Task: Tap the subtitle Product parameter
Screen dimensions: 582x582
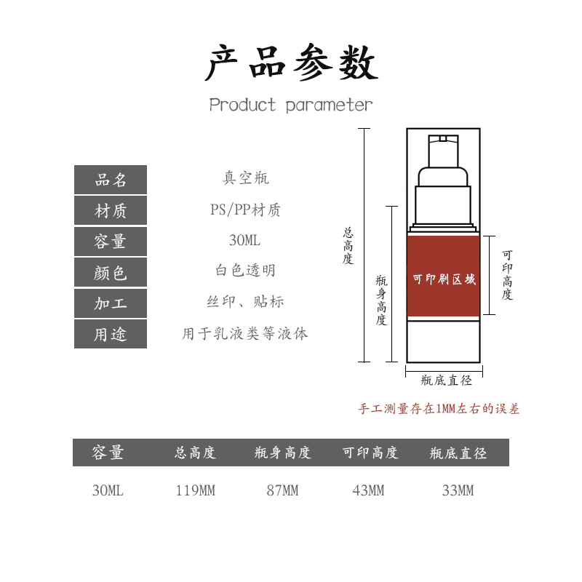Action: [x=291, y=105]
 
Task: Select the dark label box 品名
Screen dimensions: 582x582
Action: [x=111, y=180]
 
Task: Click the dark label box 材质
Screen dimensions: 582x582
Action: [x=111, y=211]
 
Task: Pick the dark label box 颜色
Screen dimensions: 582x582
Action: [x=111, y=273]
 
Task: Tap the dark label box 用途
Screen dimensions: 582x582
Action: [x=111, y=335]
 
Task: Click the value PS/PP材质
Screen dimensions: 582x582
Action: [x=245, y=210]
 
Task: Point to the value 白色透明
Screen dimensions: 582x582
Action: [x=245, y=271]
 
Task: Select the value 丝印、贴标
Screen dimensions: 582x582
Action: [x=245, y=302]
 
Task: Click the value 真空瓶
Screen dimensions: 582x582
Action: [x=245, y=178]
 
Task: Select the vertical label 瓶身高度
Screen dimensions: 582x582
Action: [x=381, y=300]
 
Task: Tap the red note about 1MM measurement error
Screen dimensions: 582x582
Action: [x=439, y=409]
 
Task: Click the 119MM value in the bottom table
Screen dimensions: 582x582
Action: [x=195, y=491]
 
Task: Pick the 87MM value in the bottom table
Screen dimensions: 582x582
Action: [x=282, y=491]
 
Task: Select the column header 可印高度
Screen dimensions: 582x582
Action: [x=370, y=453]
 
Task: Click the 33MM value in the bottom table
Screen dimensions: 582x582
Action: [x=458, y=491]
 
